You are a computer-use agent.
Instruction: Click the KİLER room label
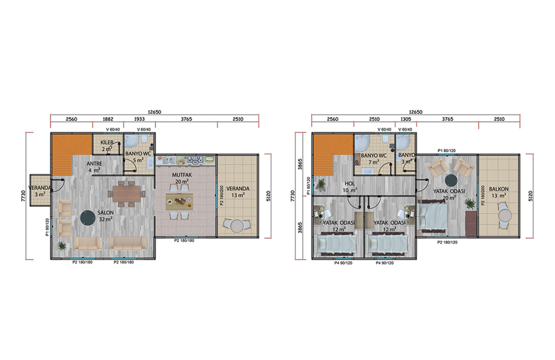[x=107, y=142]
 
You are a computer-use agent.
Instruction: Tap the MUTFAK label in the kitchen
[x=182, y=175]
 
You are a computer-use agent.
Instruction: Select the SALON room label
[x=106, y=213]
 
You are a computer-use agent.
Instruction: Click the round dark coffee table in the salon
[x=87, y=218]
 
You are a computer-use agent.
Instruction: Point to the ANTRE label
[x=94, y=164]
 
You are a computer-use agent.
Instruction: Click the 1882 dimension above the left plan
[x=108, y=119]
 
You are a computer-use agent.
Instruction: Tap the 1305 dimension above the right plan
[x=406, y=119]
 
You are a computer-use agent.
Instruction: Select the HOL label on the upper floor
[x=350, y=184]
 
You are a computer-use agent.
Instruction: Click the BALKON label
[x=499, y=189]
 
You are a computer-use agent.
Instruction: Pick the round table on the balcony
[x=505, y=215]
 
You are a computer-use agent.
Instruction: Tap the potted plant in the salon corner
[x=62, y=245]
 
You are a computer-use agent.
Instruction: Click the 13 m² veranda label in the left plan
[x=238, y=195]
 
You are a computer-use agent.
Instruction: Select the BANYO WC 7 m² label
[x=374, y=159]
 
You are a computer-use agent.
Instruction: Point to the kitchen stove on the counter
[x=195, y=160]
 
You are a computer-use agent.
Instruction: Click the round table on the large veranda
[x=237, y=226]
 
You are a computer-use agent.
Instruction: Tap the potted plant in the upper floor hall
[x=321, y=184]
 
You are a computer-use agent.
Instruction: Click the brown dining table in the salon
[x=127, y=194]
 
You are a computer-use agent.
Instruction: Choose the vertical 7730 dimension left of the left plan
[x=24, y=196]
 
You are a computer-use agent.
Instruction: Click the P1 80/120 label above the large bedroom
[x=447, y=150]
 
